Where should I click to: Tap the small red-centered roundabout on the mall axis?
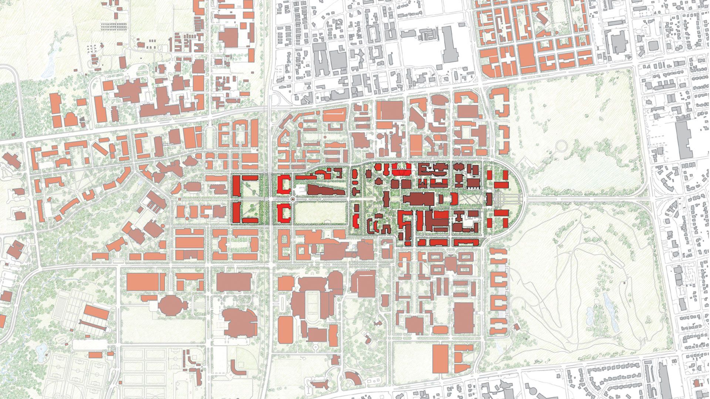coord(293,199)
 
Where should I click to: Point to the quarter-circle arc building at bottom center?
coord(352,379)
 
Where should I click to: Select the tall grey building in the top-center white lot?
coord(450,44)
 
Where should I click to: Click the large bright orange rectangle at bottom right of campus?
coord(440,358)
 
